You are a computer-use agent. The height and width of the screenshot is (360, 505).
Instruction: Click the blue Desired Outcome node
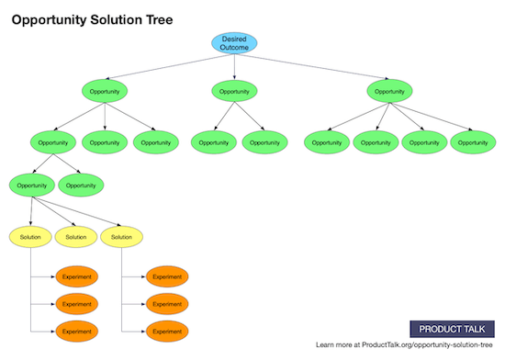pos(234,43)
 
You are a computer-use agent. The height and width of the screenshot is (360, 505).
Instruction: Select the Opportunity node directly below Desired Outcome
pos(234,91)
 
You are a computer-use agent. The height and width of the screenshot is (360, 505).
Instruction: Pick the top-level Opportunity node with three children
pos(105,91)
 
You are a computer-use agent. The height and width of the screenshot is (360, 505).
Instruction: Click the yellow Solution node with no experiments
pos(76,237)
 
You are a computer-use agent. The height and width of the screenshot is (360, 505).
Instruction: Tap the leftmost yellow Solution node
pos(31,237)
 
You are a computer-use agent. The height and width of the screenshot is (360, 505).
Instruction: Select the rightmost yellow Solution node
pos(121,237)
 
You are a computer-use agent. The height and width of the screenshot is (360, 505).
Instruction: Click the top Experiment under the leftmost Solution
pos(76,276)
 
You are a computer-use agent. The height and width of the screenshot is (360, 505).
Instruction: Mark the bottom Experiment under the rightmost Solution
pos(166,330)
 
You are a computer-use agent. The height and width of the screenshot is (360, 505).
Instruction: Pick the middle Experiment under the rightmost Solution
pos(166,302)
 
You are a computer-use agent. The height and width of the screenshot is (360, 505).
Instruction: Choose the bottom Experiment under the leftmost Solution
pos(76,330)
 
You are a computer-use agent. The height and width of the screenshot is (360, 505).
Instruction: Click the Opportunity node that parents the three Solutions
pos(31,185)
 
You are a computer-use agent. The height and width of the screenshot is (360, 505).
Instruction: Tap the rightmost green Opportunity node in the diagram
pos(473,142)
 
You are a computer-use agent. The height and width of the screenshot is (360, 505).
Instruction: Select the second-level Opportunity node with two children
pos(53,142)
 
